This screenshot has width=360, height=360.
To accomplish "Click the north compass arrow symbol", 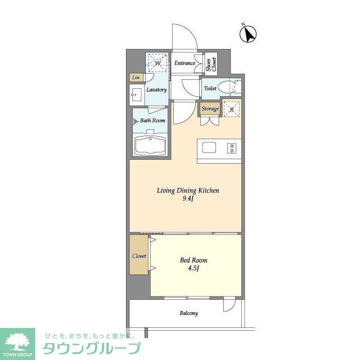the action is (x=248, y=34).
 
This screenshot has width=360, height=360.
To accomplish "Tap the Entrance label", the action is (x=184, y=63).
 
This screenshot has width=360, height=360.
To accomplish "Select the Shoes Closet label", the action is (x=211, y=65).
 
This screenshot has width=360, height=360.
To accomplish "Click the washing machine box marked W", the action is (x=157, y=63).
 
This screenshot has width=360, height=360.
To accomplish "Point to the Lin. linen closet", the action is (x=136, y=78).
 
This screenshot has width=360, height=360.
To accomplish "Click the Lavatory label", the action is (x=156, y=89).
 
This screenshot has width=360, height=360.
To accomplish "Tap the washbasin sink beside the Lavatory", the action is (x=137, y=95).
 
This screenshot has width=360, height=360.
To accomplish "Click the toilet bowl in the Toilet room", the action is (x=226, y=88).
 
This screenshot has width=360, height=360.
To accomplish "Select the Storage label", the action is (x=210, y=109).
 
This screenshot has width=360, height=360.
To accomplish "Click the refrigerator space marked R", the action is (x=231, y=110).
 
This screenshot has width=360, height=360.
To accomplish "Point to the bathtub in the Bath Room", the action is (x=151, y=146).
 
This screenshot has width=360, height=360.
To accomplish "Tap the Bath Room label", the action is (x=152, y=120).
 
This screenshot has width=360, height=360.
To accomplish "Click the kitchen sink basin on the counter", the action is (x=209, y=147).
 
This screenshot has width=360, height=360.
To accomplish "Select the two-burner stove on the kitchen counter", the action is (x=232, y=148).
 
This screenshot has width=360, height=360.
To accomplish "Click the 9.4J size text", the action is (x=188, y=199).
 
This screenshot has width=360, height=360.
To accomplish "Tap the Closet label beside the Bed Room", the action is (x=139, y=256).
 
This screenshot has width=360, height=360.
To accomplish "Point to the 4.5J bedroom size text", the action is (x=193, y=268).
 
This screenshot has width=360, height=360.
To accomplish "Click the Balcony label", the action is (x=189, y=313).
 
